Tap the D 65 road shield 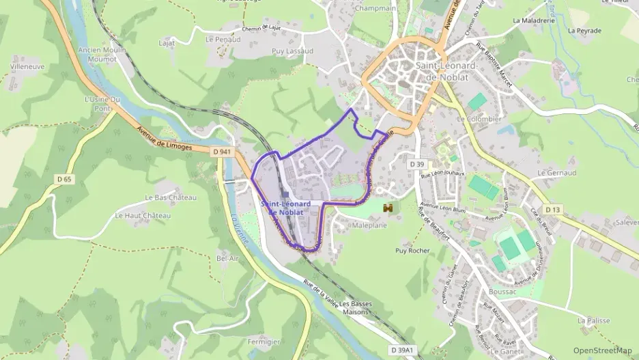64,179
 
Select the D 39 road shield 418,165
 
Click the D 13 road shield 552,209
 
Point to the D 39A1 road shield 402,350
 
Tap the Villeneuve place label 27,68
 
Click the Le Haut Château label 142,216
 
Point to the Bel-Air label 227,259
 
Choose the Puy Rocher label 412,251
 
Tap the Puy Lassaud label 292,51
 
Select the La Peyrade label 584,31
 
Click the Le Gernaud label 557,173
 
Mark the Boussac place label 504,292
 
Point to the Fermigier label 264,342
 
